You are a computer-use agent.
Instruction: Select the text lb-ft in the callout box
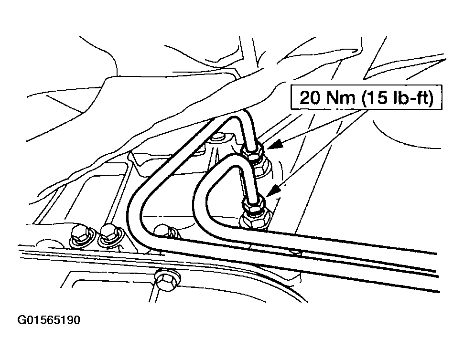410,97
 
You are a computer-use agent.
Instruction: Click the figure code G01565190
49,320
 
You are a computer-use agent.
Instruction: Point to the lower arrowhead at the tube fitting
274,190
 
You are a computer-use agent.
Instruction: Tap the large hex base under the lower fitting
255,219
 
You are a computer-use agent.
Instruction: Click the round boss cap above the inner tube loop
218,137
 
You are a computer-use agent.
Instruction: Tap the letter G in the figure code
22,320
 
